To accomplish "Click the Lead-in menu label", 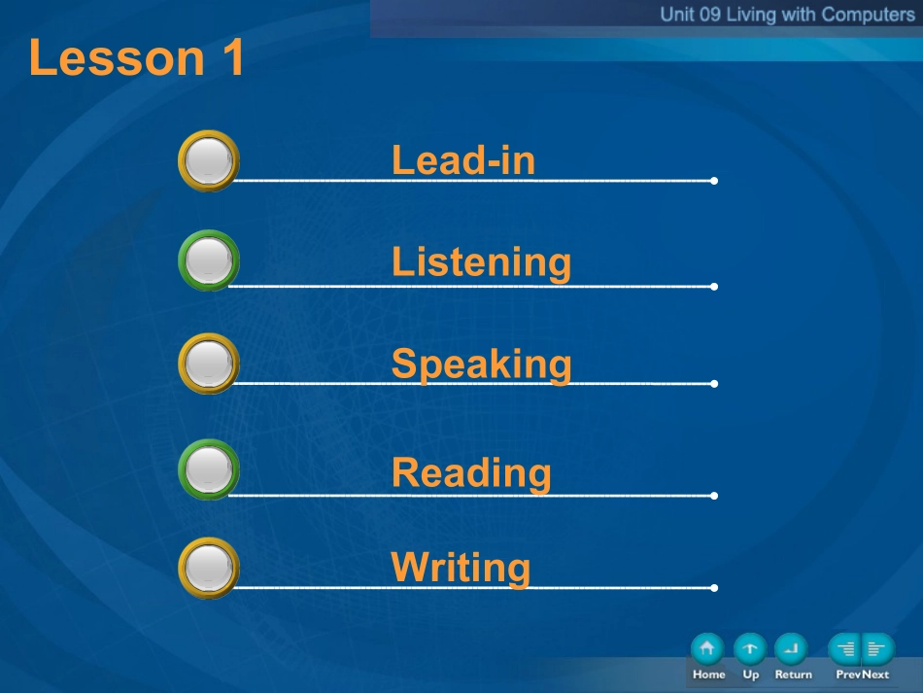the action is [463, 160].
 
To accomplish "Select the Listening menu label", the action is [481, 262].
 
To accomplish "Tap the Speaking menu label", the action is [481, 364].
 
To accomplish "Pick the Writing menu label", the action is [461, 568].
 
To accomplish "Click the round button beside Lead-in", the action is [208, 160].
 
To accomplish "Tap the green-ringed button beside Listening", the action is [208, 260].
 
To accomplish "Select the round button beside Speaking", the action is [208, 364].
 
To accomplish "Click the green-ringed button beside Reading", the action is [208, 469].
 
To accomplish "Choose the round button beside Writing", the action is [208, 569].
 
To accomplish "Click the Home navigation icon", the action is [707, 649].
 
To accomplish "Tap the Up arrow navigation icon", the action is [750, 649].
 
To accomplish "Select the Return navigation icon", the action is [791, 649].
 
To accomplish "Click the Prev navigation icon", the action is [844, 649].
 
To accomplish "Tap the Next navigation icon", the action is [878, 649].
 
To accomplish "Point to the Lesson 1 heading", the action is [137, 57].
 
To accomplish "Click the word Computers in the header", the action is [869, 15].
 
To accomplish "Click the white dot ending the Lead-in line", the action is [714, 181].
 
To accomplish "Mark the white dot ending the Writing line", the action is [714, 588].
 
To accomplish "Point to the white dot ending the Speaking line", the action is [714, 384].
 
